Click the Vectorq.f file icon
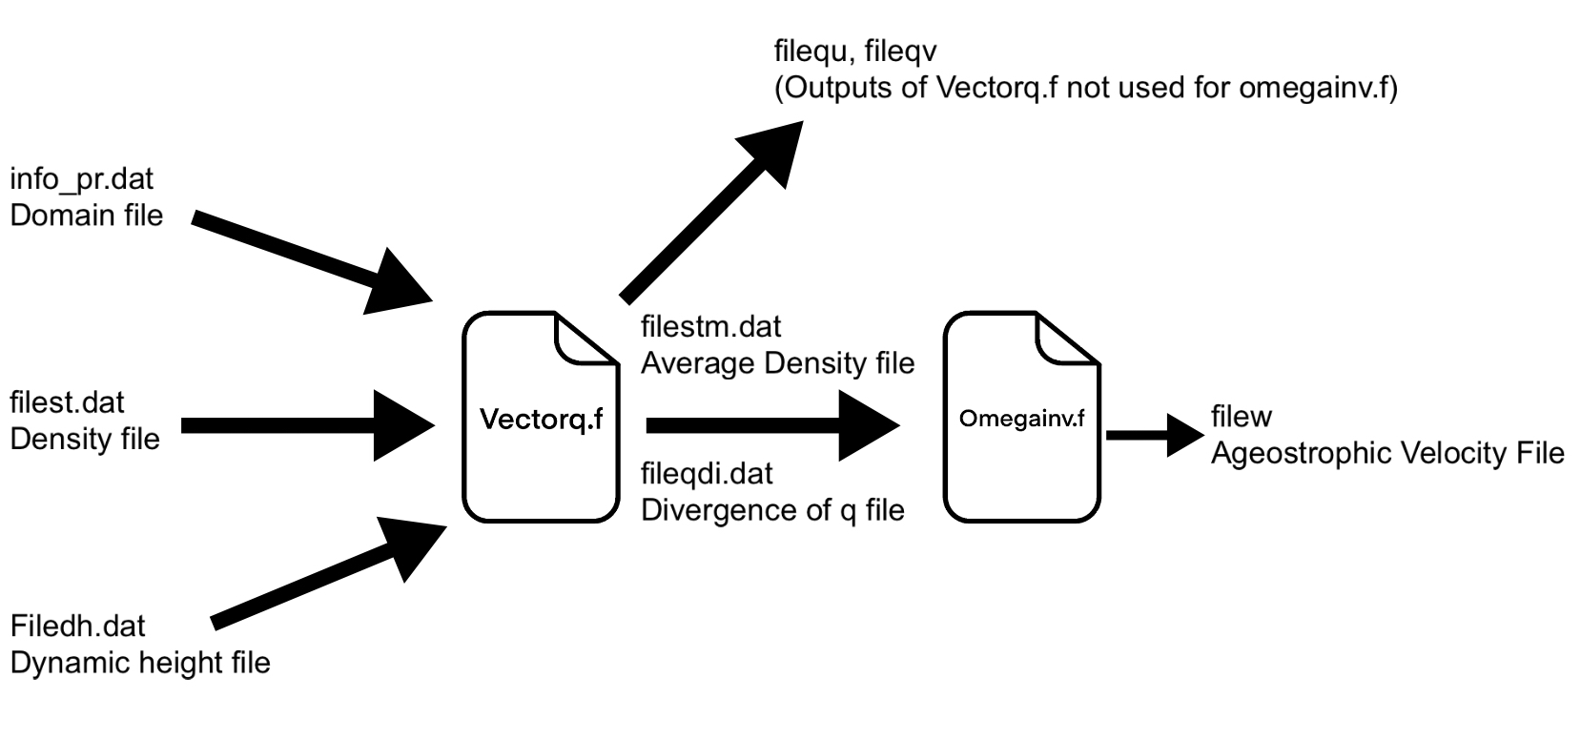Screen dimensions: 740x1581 click(x=541, y=417)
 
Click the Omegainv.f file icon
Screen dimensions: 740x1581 click(x=1021, y=417)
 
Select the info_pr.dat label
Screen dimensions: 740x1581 click(x=81, y=178)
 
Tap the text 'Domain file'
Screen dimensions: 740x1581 click(x=86, y=215)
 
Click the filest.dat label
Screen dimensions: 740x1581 click(x=67, y=402)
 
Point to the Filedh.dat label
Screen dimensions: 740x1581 click(x=77, y=626)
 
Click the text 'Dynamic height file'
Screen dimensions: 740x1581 click(x=140, y=662)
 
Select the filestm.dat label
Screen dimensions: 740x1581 click(x=710, y=326)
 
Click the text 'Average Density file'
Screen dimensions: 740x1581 click(x=777, y=362)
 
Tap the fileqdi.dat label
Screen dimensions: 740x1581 click(x=707, y=473)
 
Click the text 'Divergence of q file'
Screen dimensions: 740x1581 click(x=772, y=509)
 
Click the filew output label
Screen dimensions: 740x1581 click(x=1241, y=417)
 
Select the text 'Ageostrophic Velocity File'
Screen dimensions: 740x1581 click(x=1387, y=452)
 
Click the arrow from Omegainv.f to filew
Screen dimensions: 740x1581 click(x=1155, y=435)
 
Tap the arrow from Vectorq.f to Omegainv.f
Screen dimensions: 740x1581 click(x=772, y=424)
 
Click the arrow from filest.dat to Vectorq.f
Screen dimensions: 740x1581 click(x=305, y=424)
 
